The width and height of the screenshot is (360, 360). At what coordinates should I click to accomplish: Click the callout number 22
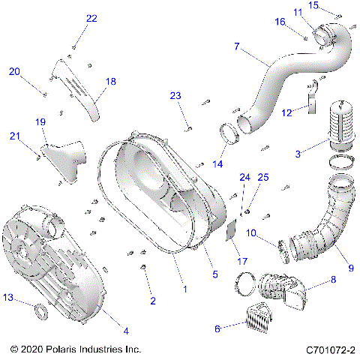point(91,18)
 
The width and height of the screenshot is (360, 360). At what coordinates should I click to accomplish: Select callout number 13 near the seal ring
point(8,298)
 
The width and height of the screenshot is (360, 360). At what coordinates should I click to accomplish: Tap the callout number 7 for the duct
point(236,46)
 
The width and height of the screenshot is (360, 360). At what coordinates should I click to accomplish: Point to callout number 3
point(298,154)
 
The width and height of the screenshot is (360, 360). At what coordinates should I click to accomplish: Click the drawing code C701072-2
point(330,349)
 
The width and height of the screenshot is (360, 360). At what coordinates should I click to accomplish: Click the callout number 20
point(14,71)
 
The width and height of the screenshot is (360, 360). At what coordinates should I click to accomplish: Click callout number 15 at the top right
point(334,5)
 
